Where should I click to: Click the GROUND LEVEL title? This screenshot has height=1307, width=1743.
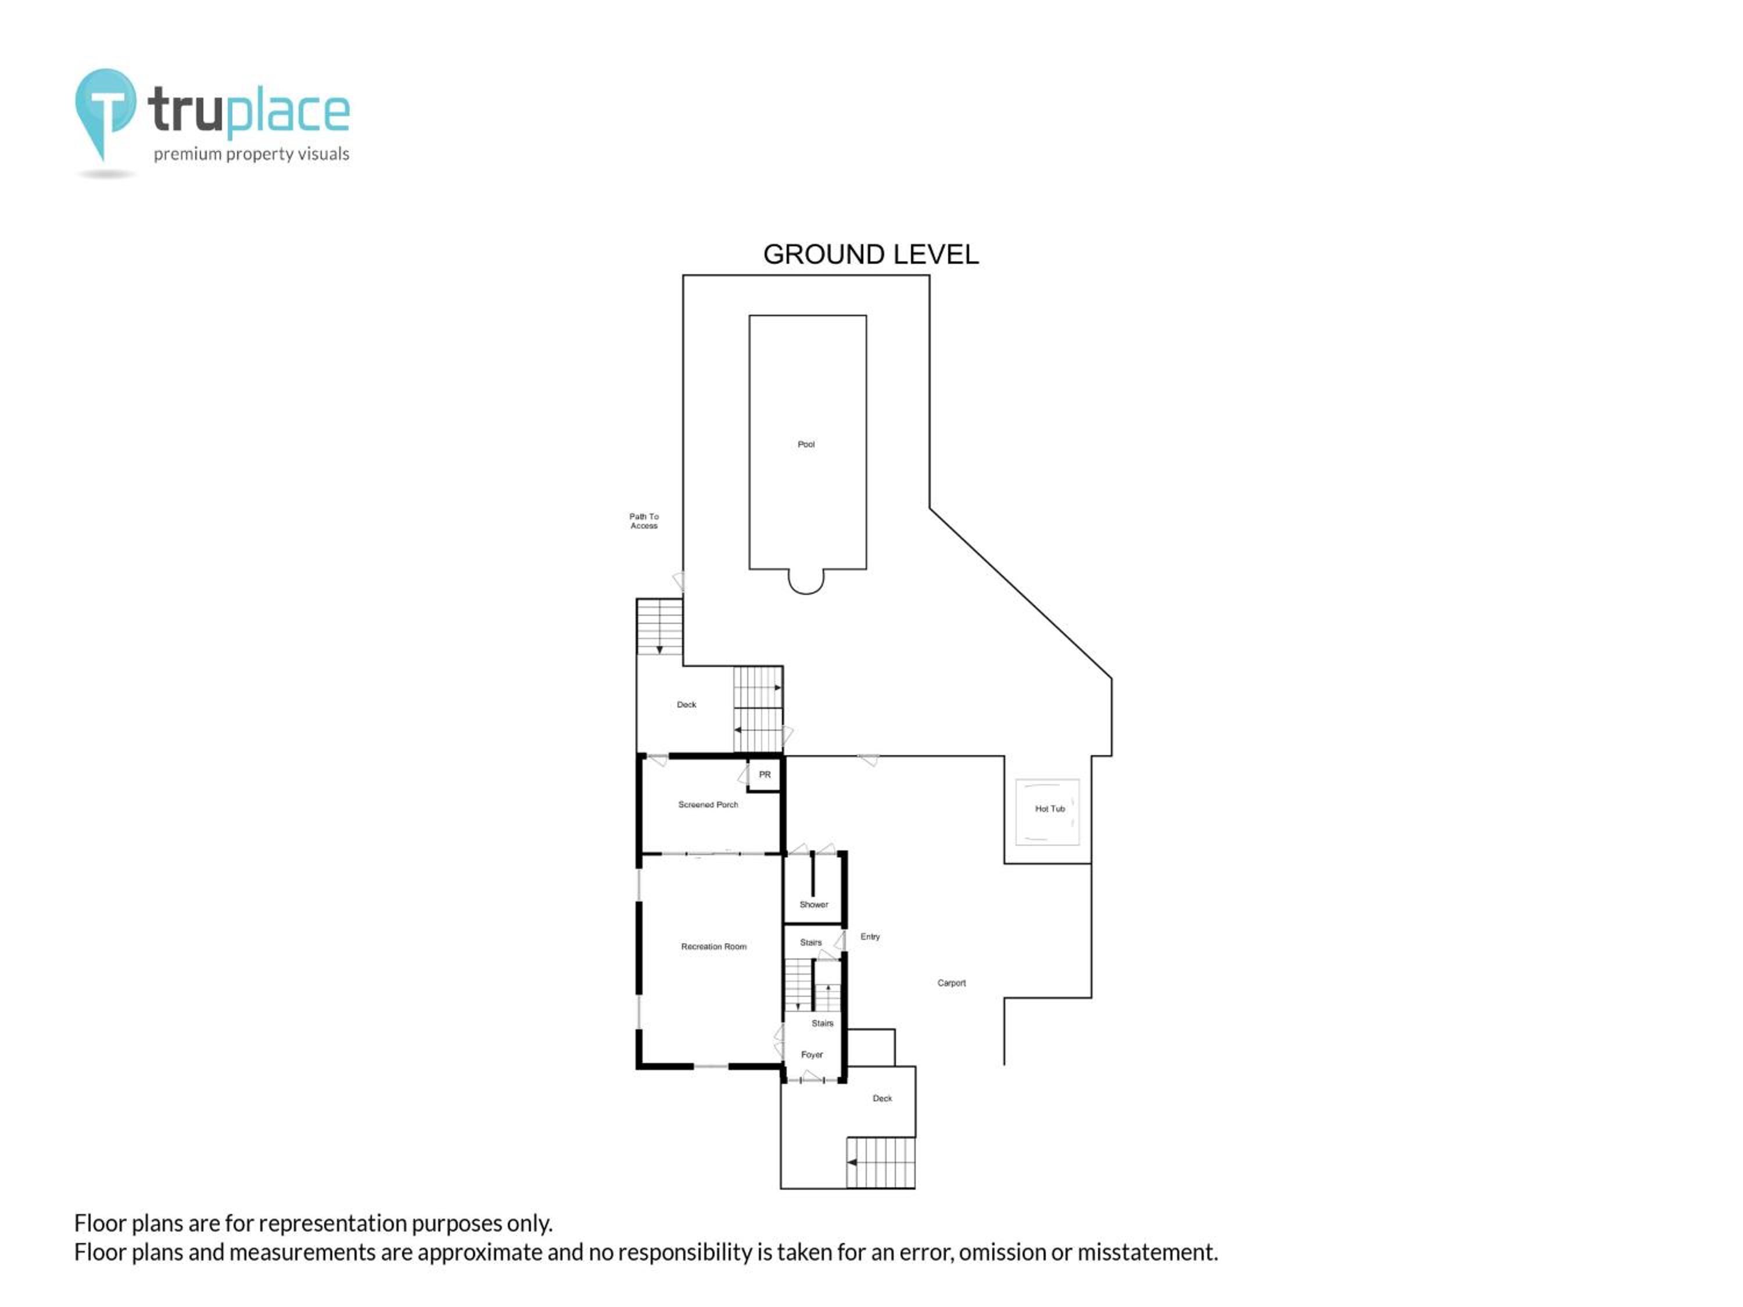pos(871,254)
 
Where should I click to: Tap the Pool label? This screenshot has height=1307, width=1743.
pos(806,444)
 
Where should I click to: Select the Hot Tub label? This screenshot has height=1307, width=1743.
pos(1050,809)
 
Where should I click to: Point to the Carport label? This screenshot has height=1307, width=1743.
pos(951,982)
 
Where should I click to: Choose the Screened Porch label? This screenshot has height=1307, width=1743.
pos(708,805)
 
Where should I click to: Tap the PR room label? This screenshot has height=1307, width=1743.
pos(765,774)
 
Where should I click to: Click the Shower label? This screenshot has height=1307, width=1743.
pos(814,904)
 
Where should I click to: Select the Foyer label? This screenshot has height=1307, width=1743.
pos(812,1054)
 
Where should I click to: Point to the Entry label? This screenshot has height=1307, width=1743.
pos(870,936)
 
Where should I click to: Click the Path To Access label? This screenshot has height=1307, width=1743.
pos(644,520)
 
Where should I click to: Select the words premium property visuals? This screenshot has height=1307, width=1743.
pos(252,153)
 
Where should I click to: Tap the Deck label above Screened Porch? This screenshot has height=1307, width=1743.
pos(686,704)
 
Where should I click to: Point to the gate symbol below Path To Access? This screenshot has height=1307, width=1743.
pos(677,581)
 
